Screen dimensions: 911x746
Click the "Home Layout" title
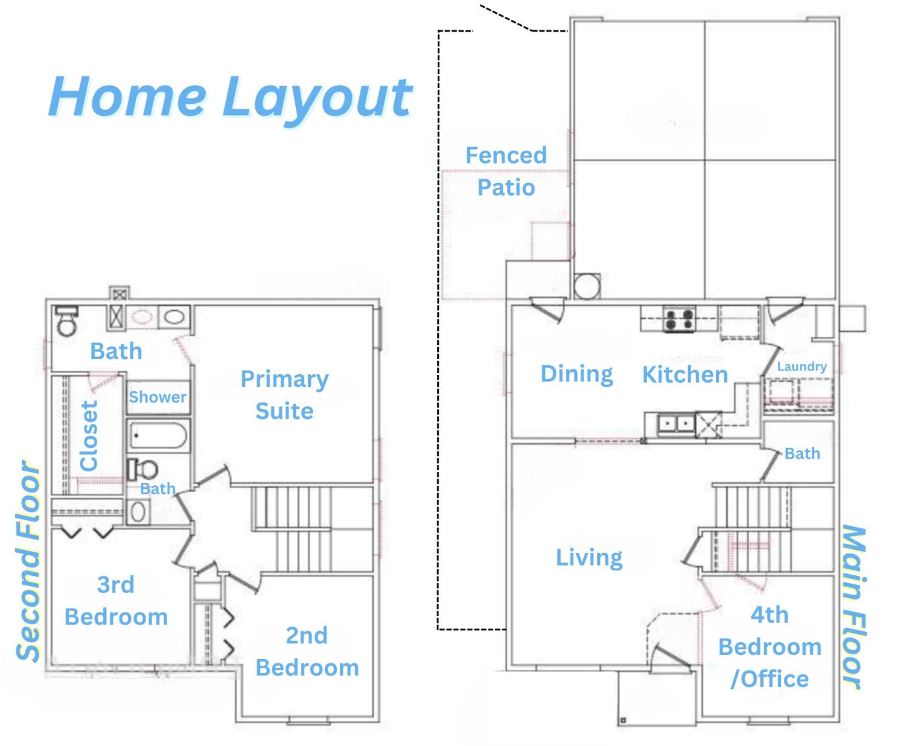coord(230,98)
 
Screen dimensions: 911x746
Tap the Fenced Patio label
coord(506,171)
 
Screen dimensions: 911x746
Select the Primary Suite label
coord(284,395)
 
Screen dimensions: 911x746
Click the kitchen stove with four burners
coord(679,320)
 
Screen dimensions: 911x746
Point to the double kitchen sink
coord(676,423)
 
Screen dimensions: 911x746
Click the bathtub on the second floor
coord(158,436)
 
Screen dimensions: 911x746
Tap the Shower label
coord(158,397)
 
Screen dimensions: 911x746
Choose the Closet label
coord(89,436)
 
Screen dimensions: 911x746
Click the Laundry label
coord(802,366)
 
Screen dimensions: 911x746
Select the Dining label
coord(577,374)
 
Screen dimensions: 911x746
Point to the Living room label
coord(589,558)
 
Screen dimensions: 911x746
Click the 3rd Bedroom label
coord(116,601)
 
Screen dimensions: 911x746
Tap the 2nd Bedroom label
coord(307,652)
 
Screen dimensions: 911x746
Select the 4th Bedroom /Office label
coord(770,647)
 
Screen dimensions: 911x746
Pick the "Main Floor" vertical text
coord(854,607)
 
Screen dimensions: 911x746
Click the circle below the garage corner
coord(587,286)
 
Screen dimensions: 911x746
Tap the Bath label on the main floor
coord(802,453)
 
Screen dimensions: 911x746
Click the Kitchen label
coord(685,374)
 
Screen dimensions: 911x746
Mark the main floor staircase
coord(751,529)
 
